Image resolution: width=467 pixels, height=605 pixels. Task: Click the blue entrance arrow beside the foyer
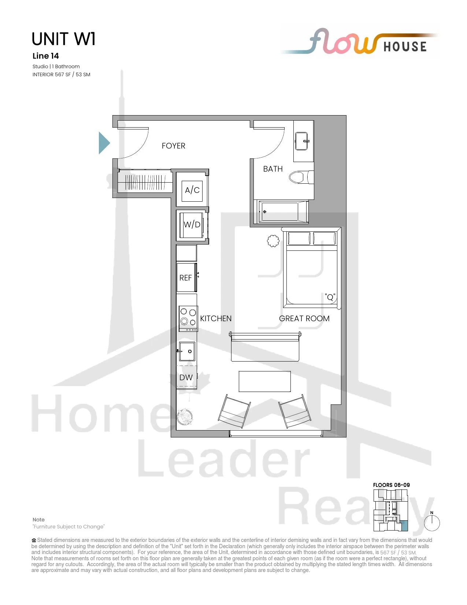pyautogui.click(x=103, y=143)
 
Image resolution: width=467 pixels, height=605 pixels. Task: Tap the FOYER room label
pyautogui.click(x=173, y=146)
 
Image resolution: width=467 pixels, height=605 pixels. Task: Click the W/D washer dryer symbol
pyautogui.click(x=192, y=225)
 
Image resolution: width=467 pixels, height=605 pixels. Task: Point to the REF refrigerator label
pyautogui.click(x=186, y=278)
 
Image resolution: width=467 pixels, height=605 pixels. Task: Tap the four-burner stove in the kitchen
pyautogui.click(x=188, y=319)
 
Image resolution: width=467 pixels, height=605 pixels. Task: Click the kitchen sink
pyautogui.click(x=187, y=351)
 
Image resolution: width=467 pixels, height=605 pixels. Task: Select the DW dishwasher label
pyautogui.click(x=186, y=378)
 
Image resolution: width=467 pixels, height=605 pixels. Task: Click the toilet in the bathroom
pyautogui.click(x=301, y=177)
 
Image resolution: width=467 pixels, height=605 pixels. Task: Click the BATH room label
pyautogui.click(x=273, y=169)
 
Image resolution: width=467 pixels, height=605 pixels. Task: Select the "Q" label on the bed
pyautogui.click(x=330, y=297)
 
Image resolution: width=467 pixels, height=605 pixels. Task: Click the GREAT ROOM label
pyautogui.click(x=304, y=318)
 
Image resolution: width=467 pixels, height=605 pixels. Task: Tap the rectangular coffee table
pyautogui.click(x=265, y=381)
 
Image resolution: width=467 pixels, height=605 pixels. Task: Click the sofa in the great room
pyautogui.click(x=265, y=346)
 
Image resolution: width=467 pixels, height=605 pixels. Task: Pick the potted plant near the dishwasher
pyautogui.click(x=185, y=417)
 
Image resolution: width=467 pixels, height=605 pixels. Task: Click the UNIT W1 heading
pyautogui.click(x=64, y=39)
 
